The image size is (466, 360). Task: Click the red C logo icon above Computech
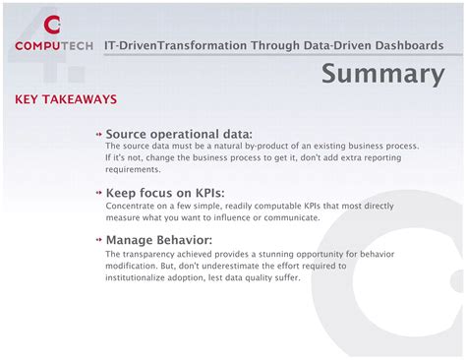coord(52,24)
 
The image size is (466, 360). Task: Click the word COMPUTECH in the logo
coord(54,45)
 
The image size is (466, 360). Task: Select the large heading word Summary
coord(382,74)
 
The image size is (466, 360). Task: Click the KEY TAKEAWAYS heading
coord(66,100)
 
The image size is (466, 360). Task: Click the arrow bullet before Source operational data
coord(99,134)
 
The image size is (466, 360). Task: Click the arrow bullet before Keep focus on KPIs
coord(99,193)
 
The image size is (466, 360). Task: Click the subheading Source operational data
coord(179,134)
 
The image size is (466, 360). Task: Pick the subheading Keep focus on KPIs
coord(165,193)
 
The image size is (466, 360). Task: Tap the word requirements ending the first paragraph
coord(133,169)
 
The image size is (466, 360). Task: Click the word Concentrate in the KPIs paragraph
coord(131,206)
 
